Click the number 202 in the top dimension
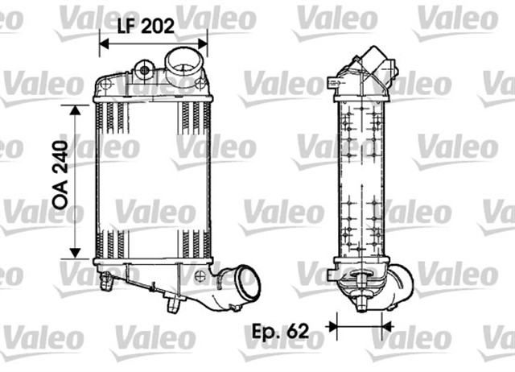(158, 26)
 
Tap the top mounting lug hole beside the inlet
(146, 70)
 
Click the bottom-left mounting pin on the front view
(105, 279)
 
